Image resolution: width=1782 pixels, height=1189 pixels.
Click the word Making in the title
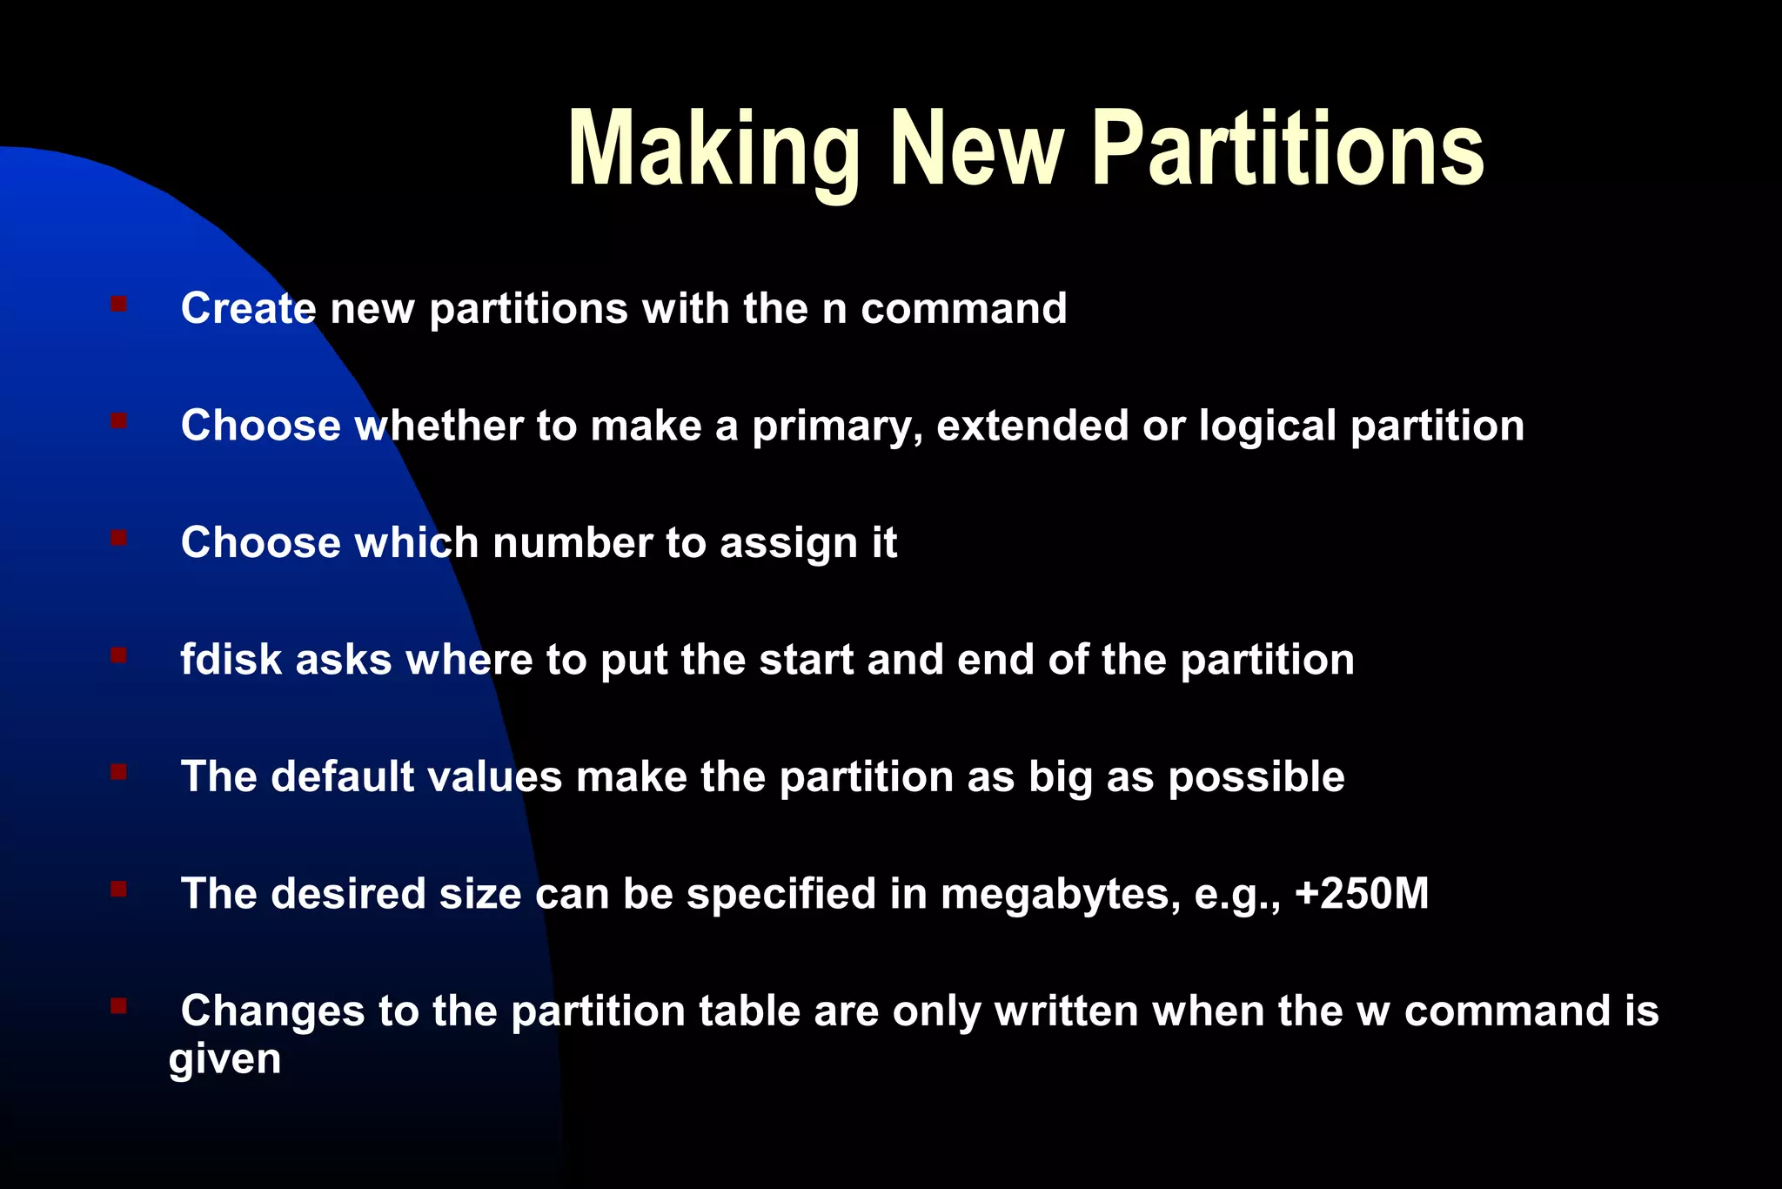pos(713,150)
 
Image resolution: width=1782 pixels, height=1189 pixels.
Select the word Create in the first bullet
pos(248,308)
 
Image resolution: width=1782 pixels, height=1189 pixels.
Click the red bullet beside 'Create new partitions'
pos(119,304)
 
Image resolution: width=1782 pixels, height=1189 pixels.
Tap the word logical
pos(1267,427)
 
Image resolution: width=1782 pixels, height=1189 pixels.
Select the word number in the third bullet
pos(572,543)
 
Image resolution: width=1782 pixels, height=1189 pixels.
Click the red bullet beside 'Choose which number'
pos(119,538)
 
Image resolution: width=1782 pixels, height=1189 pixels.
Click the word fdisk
pos(231,660)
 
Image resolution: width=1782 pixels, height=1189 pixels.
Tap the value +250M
pos(1362,894)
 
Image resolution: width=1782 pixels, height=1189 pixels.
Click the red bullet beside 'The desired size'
pos(119,889)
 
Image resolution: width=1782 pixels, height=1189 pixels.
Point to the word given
pos(224,1059)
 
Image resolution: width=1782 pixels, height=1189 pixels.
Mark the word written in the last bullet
pos(1067,1011)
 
